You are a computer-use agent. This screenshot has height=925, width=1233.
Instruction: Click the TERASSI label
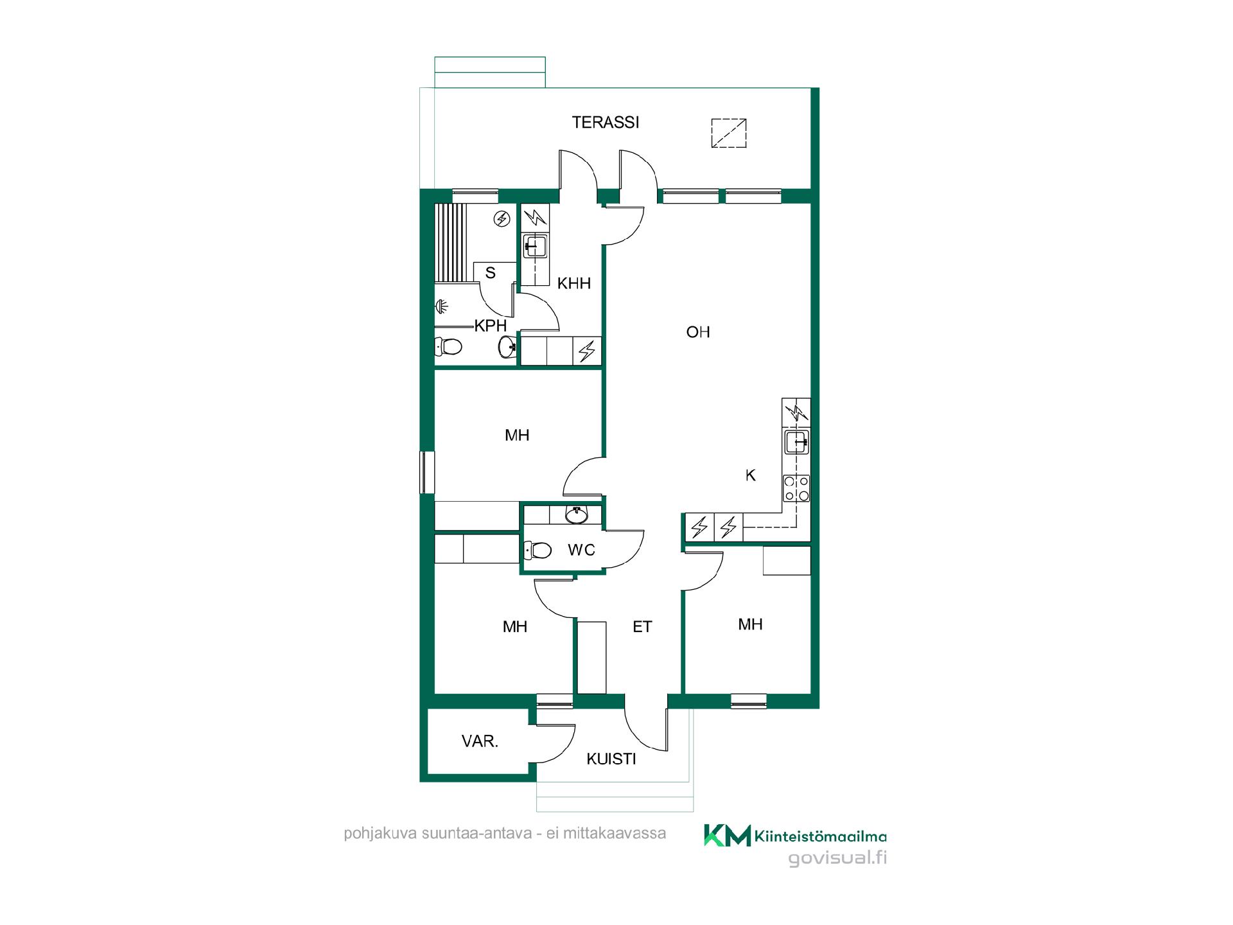pyautogui.click(x=606, y=122)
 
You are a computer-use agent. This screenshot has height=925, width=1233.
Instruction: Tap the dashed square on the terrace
pyautogui.click(x=729, y=133)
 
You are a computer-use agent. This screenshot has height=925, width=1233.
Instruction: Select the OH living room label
pyautogui.click(x=698, y=332)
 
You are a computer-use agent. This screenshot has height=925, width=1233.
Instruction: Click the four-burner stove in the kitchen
pyautogui.click(x=796, y=488)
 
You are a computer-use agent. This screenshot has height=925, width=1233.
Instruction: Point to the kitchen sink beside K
pyautogui.click(x=796, y=443)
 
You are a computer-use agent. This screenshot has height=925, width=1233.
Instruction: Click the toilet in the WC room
pyautogui.click(x=538, y=550)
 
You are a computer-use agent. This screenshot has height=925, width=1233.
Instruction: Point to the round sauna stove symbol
pyautogui.click(x=502, y=220)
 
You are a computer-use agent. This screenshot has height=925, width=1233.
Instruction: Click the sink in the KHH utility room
pyautogui.click(x=535, y=246)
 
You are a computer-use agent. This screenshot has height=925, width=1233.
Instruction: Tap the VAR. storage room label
pyautogui.click(x=480, y=741)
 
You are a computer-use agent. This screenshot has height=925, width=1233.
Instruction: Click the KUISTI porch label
pyautogui.click(x=611, y=759)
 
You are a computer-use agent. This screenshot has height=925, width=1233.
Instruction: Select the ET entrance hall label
pyautogui.click(x=642, y=627)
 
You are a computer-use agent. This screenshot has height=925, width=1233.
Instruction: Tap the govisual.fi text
pyautogui.click(x=837, y=858)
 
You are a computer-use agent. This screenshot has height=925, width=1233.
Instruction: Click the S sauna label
pyautogui.click(x=491, y=273)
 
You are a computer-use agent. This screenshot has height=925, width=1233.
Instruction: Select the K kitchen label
pyautogui.click(x=750, y=475)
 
